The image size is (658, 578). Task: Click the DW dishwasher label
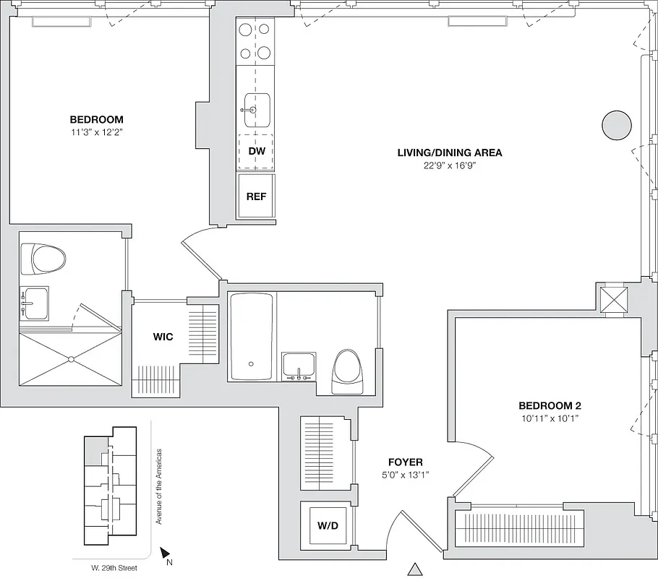click(x=257, y=152)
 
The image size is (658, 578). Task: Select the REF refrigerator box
click(x=257, y=196)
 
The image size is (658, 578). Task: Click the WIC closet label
click(x=163, y=337)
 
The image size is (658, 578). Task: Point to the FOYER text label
click(x=405, y=462)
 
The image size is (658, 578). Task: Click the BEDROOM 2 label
click(x=550, y=406)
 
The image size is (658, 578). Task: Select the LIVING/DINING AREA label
click(x=449, y=152)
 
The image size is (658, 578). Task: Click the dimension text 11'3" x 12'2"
click(x=96, y=132)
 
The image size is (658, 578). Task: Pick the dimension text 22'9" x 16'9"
click(x=449, y=165)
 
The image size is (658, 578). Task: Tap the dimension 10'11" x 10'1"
click(x=550, y=418)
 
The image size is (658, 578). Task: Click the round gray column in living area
click(x=618, y=126)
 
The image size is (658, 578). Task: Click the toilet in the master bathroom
click(x=43, y=259)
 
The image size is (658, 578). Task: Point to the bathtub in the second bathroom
click(x=251, y=337)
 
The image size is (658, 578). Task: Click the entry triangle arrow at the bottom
click(x=414, y=569)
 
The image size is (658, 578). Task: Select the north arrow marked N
click(x=166, y=553)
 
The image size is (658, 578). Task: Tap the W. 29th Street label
click(x=105, y=568)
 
